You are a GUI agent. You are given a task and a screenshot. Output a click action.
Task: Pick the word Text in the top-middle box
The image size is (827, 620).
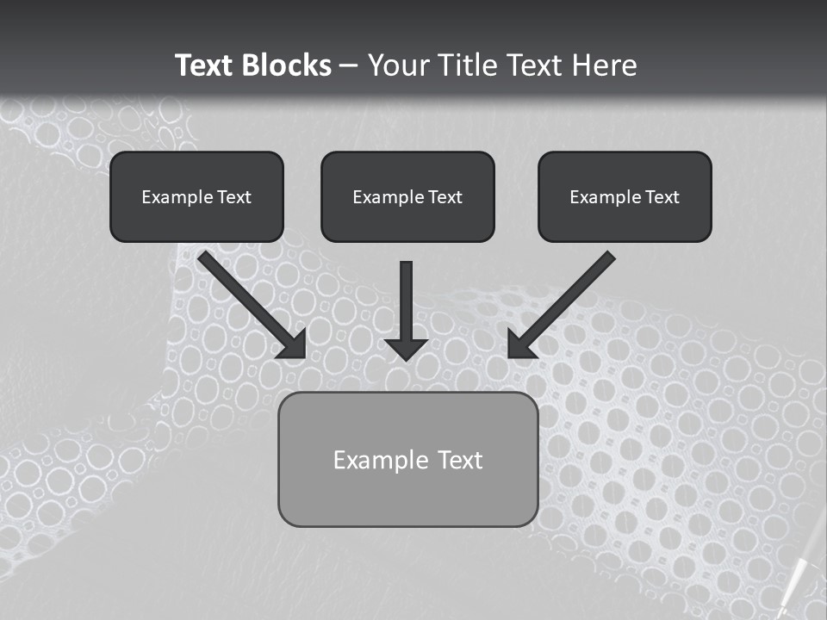point(445,197)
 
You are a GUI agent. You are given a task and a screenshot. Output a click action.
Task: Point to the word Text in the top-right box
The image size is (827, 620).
point(662,197)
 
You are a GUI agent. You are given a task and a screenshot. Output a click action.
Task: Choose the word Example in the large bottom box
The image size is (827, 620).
point(382,460)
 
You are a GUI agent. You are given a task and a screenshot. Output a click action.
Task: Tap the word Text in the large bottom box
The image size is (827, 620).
point(460,460)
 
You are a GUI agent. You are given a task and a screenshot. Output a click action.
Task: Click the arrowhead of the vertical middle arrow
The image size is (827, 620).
point(407,348)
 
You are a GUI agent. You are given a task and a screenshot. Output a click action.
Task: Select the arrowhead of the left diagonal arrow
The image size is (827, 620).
point(292,344)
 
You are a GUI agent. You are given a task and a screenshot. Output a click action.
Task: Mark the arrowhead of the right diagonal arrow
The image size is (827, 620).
point(521,344)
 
